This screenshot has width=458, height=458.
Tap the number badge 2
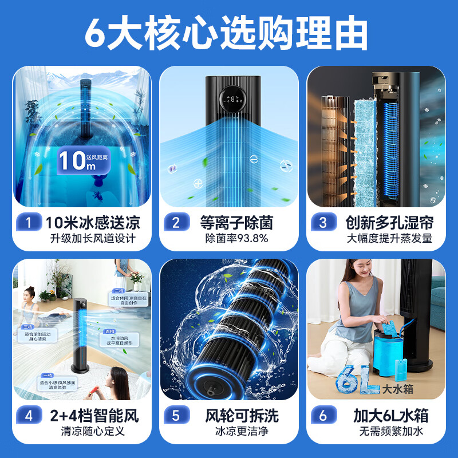(175, 222)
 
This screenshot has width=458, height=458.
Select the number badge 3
(323, 222)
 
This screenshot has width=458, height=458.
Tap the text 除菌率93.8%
(237, 238)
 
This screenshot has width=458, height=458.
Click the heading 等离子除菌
(237, 222)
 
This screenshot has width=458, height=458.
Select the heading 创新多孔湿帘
(389, 222)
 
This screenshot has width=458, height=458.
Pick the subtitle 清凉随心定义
(92, 431)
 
